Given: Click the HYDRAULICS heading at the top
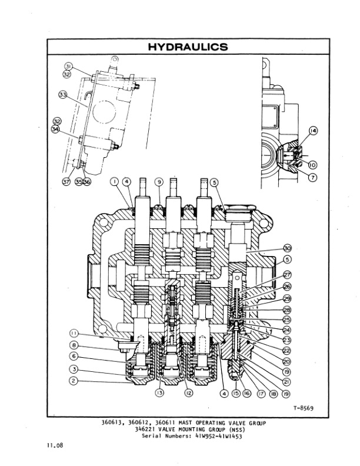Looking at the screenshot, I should [187, 47].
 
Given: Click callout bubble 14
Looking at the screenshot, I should [312, 132].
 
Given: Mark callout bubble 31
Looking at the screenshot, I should [68, 66].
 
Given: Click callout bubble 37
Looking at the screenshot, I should [67, 182].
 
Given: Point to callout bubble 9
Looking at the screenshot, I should [158, 183].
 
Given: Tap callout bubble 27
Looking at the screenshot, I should [288, 275].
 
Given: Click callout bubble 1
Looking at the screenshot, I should [114, 183].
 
